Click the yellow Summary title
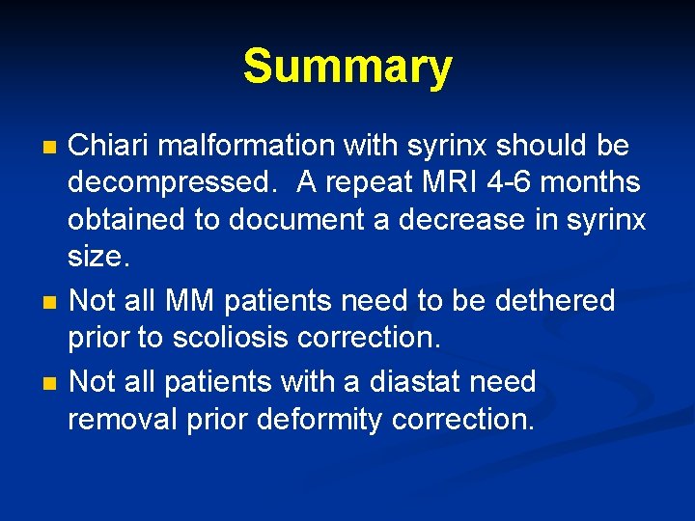point(347,68)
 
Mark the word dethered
point(555,301)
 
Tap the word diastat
point(410,382)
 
